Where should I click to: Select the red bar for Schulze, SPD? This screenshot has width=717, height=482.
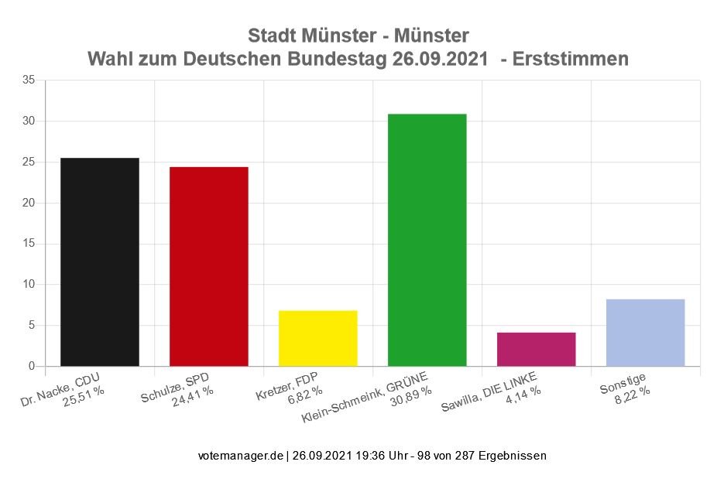tap(209, 266)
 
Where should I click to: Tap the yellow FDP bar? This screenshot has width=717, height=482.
tap(318, 338)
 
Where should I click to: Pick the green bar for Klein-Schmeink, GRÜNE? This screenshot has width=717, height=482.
tap(427, 240)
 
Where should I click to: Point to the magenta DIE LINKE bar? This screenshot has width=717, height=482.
tap(536, 349)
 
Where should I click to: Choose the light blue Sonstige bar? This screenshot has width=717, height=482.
tap(645, 332)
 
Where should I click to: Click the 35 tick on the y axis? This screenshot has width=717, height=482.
tap(29, 80)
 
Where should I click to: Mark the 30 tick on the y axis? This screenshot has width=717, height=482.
tap(29, 121)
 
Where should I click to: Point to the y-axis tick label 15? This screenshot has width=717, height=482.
tap(29, 244)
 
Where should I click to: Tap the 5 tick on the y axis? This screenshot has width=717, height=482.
tap(32, 325)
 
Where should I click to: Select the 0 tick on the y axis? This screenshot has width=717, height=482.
tap(32, 366)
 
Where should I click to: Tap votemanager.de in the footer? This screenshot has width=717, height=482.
tap(241, 456)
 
